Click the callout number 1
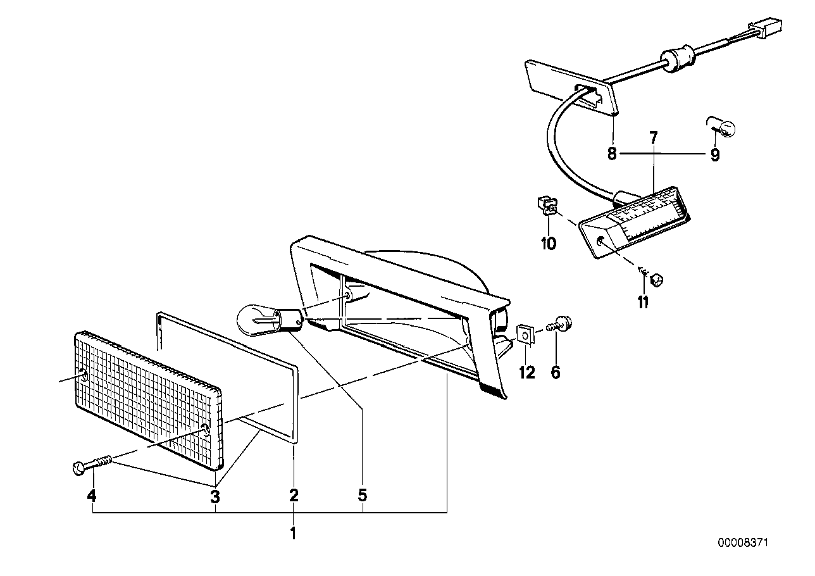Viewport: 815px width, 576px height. coord(293,534)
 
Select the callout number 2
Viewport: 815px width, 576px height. coord(294,496)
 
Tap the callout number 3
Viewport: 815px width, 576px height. coord(215,496)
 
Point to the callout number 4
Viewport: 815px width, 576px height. coord(92,496)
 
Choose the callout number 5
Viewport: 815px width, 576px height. coord(362,496)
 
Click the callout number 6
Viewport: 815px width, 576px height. coord(556,373)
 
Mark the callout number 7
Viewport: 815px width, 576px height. coord(653,136)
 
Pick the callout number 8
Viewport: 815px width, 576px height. coord(612,154)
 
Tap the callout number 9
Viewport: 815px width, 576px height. coord(714,154)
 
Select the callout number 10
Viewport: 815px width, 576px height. coord(548,242)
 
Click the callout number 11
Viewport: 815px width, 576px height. coord(643,303)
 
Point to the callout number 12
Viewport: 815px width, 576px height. coord(527,373)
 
